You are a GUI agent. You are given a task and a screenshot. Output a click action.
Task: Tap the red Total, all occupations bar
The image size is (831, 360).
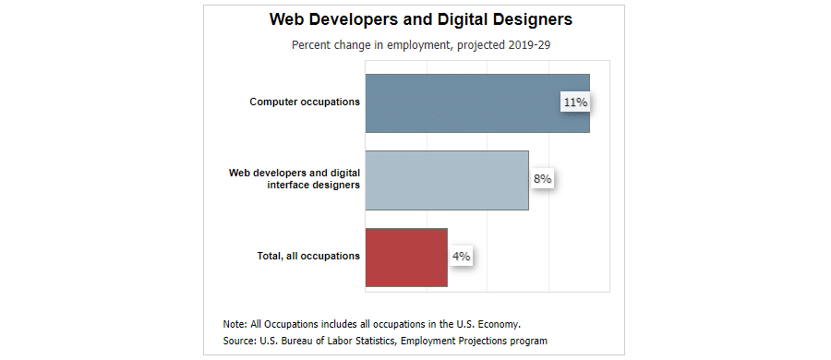406,257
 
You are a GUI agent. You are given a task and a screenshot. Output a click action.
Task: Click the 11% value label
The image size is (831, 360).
575,102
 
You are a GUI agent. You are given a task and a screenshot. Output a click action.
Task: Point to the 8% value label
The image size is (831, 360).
541,179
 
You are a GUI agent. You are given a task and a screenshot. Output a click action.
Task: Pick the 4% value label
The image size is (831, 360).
461,256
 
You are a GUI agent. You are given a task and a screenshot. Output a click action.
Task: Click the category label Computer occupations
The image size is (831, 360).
305,102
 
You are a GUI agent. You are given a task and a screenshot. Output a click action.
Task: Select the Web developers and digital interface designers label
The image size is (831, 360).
295,178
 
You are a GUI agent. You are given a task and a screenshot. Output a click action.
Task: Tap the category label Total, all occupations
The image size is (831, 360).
308,256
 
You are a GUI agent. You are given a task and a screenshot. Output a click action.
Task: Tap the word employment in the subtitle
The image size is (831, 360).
416,44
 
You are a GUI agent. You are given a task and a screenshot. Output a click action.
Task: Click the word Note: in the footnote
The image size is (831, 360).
235,324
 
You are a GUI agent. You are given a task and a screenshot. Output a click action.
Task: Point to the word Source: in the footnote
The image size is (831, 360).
240,341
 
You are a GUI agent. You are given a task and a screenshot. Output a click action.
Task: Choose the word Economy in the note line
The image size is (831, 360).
500,324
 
